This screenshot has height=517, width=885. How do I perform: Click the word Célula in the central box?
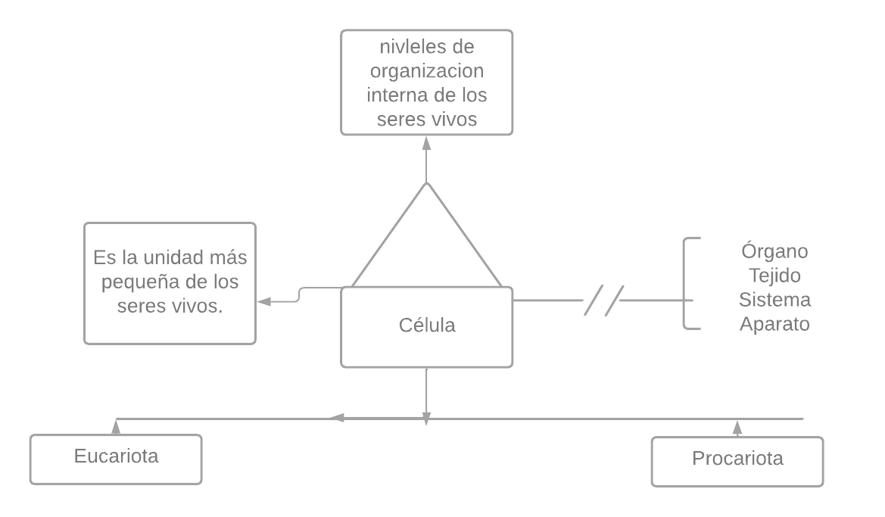point(427,325)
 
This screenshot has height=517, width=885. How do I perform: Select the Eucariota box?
point(116,459)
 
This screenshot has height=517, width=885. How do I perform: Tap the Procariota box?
point(737,460)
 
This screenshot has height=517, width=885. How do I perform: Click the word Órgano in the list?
point(774,251)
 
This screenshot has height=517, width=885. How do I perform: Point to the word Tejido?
point(774,276)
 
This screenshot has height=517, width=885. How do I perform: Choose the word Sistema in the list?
point(774,300)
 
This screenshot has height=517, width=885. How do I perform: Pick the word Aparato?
point(774,324)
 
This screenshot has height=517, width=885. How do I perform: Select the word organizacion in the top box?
point(426,72)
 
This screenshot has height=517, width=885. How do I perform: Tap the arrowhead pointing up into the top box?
point(426,142)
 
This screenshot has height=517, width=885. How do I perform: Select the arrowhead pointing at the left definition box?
point(263,301)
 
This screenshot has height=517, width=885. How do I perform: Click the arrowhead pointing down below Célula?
point(426,419)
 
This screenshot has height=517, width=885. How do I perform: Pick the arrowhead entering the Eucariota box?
point(116,426)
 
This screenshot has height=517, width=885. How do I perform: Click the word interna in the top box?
point(395,96)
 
